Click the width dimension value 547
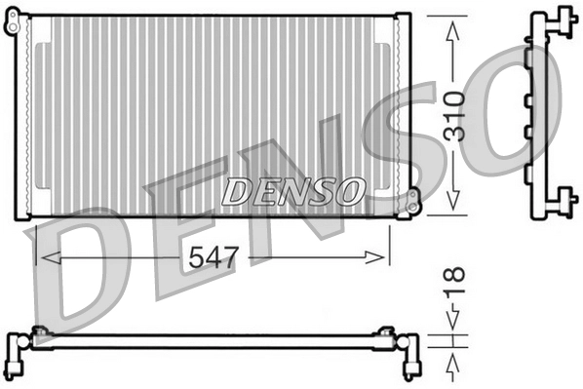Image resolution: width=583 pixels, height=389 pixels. coord(212,257)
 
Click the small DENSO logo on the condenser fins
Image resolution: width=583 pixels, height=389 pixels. coord(292,191)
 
